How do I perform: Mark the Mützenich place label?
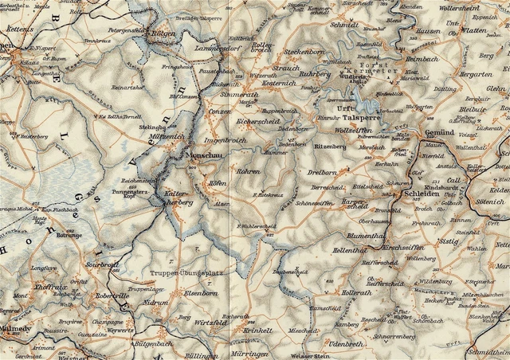(167, 137)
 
